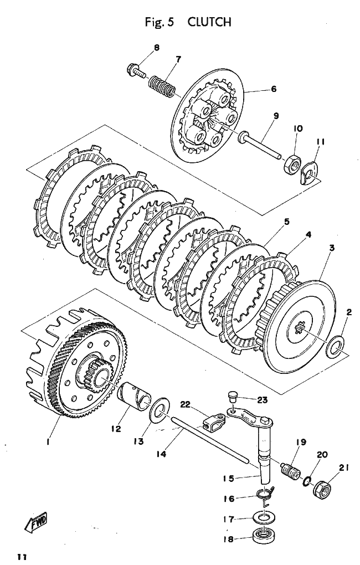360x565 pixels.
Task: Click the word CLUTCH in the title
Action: [209, 22]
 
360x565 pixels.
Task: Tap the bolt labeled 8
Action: [135, 70]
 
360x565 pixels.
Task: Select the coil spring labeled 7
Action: [162, 85]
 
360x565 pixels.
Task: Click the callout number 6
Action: [274, 89]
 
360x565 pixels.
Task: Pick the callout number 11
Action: [320, 142]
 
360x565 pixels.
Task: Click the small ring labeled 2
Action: [335, 349]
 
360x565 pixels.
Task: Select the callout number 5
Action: [286, 222]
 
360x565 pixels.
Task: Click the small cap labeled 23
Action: [233, 395]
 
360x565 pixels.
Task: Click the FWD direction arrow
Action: [37, 521]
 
